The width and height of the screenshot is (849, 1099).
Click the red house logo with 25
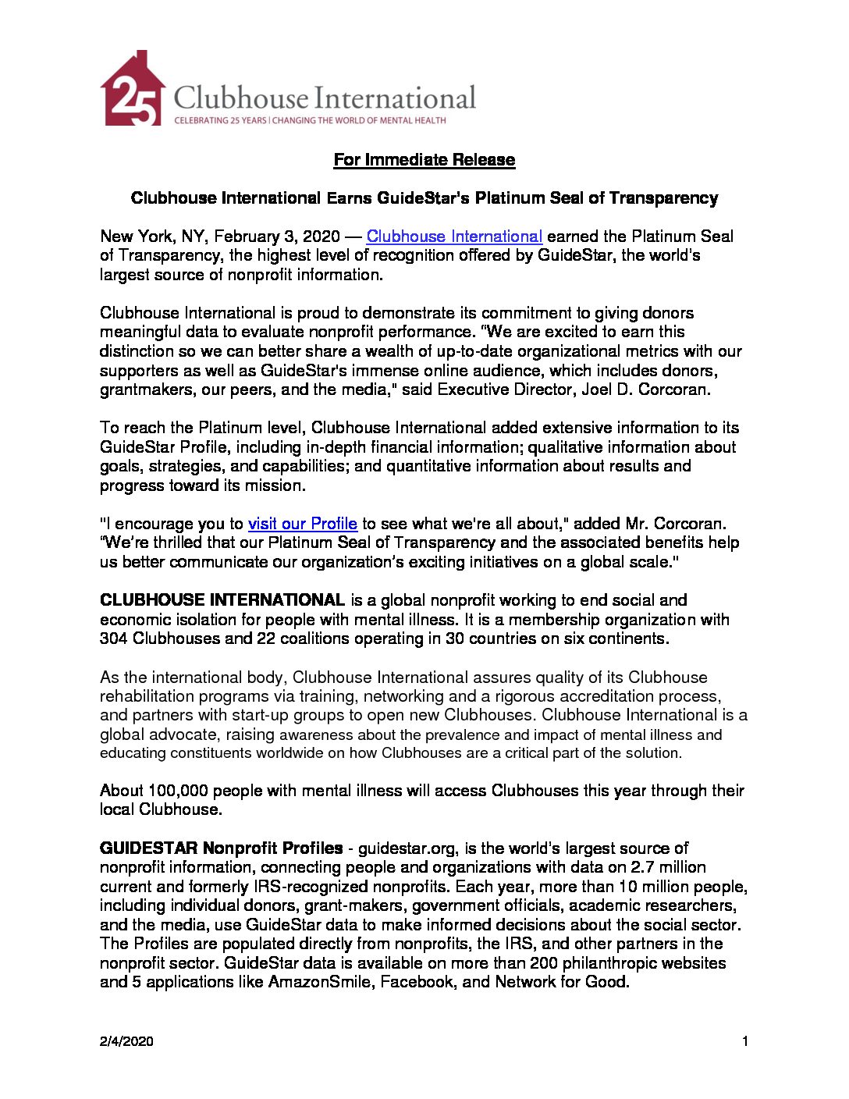click(x=132, y=90)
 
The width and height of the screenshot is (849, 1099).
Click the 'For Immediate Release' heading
click(x=424, y=160)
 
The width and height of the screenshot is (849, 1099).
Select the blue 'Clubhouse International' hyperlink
click(x=454, y=237)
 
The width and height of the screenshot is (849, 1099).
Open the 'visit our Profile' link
click(x=302, y=524)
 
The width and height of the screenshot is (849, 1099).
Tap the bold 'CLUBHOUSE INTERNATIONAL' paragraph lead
click(x=222, y=600)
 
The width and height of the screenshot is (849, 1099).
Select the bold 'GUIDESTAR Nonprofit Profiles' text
click(x=221, y=848)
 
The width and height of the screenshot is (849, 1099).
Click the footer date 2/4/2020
click(x=126, y=1041)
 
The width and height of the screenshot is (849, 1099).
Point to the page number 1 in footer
click(x=745, y=1041)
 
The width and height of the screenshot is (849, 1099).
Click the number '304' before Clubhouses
click(x=114, y=638)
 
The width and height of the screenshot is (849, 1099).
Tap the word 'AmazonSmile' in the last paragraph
click(x=320, y=982)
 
